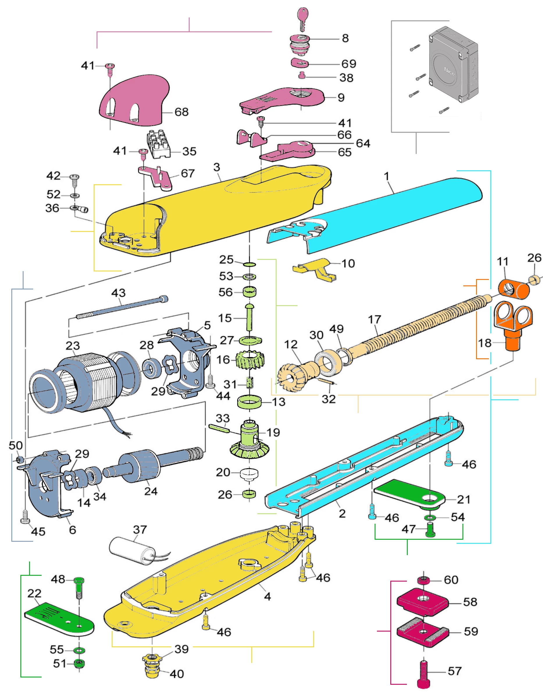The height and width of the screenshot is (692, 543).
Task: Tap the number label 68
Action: (181, 112)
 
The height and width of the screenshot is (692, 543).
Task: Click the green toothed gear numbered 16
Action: (250, 360)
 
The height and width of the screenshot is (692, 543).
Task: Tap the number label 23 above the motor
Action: (72, 346)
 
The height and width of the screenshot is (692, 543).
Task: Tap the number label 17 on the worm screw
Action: (374, 319)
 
